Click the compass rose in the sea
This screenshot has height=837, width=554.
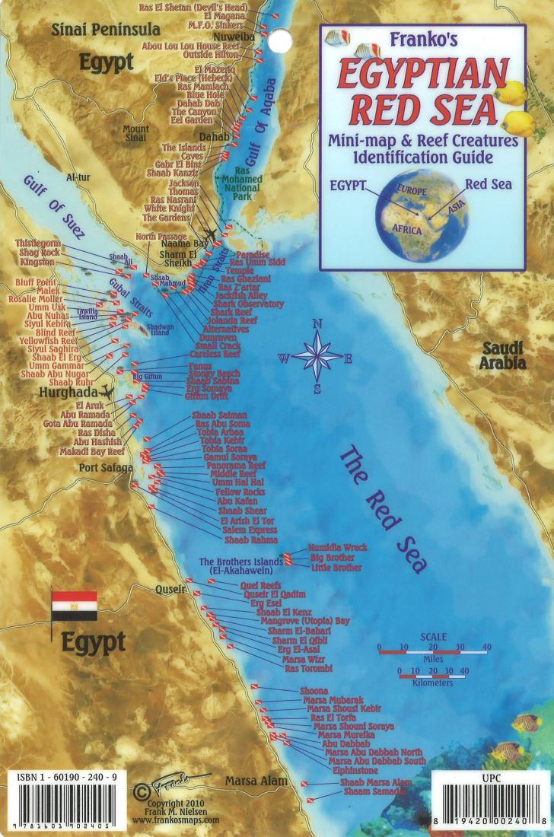point(318,356)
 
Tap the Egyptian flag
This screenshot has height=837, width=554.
point(74,604)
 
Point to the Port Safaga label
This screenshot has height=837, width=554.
point(106,468)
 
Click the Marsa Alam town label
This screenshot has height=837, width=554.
point(256,781)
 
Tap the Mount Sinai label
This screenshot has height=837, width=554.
point(136,134)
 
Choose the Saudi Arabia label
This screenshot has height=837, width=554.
point(502,355)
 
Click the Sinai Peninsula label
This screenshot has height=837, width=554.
point(106,30)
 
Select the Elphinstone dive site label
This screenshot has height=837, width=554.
point(355,771)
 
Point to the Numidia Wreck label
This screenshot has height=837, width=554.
point(337,547)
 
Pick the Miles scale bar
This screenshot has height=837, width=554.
point(433,651)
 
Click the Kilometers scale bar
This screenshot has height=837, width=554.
point(435,673)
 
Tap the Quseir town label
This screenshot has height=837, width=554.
point(170,589)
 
